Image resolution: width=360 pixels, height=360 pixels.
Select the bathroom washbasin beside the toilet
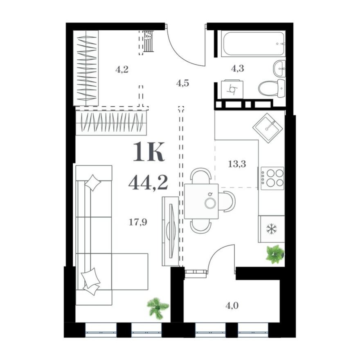point(280,68)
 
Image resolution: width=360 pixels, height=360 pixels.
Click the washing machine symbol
point(232,89)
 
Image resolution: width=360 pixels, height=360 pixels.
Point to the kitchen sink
point(268,128)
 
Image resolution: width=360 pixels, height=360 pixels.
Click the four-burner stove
point(272,178)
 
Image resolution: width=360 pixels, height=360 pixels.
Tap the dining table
point(201,201)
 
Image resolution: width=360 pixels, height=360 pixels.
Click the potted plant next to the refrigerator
point(274,254)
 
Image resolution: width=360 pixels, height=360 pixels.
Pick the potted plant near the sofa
point(158,307)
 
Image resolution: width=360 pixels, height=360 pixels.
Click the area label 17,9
point(138,222)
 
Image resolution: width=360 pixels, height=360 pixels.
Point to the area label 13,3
point(237,164)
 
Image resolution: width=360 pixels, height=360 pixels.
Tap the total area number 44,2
point(148,182)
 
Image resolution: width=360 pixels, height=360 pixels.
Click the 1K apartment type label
point(148,153)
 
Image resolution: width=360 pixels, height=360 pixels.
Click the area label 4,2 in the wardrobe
point(122,69)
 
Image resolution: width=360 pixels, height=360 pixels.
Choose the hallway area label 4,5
point(183,83)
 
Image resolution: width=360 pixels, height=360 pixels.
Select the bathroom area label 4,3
point(237,68)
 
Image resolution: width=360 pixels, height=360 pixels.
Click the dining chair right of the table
point(227,201)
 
